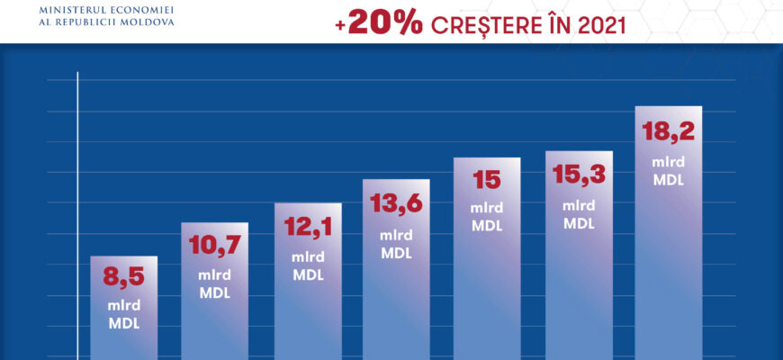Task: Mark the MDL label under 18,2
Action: tap(668, 180)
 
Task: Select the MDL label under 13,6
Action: tap(396, 253)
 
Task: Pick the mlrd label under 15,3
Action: tap(579, 205)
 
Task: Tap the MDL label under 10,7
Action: tap(214, 293)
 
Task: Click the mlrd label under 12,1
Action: tap(308, 257)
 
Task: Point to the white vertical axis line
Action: tap(79, 216)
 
